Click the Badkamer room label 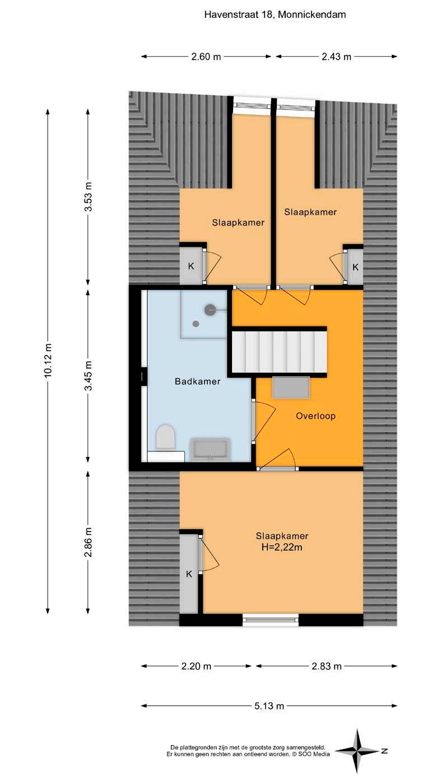tap(197, 381)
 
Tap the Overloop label tap(315, 416)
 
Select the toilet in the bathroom tap(165, 437)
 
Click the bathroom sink tap(210, 450)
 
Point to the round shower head tap(210, 310)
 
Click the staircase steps tap(280, 352)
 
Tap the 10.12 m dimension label tap(48, 361)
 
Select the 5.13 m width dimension tap(269, 705)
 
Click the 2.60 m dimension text tap(206, 56)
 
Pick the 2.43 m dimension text tap(336, 56)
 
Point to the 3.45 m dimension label tap(89, 376)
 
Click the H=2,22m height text tap(282, 547)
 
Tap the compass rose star tap(357, 751)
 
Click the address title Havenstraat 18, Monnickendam tap(275, 15)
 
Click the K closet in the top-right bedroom tap(355, 267)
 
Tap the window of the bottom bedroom tap(270, 620)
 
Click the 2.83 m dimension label tap(326, 666)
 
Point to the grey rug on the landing tap(291, 387)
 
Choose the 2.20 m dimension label tap(196, 666)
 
